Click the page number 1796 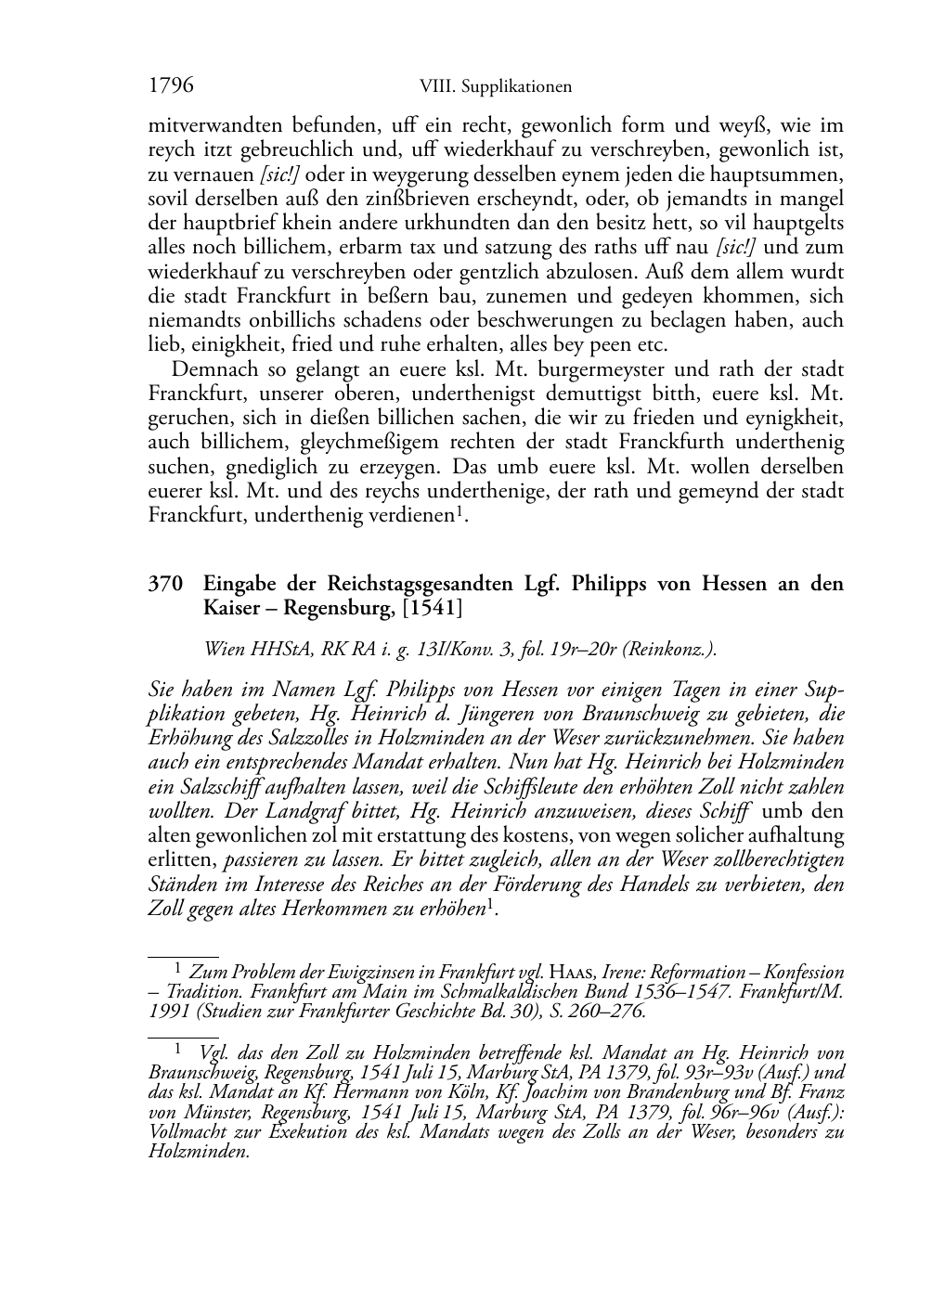tap(171, 86)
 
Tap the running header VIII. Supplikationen tap(495, 87)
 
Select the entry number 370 tap(164, 584)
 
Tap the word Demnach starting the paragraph tap(215, 369)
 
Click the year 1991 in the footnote tap(167, 1012)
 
